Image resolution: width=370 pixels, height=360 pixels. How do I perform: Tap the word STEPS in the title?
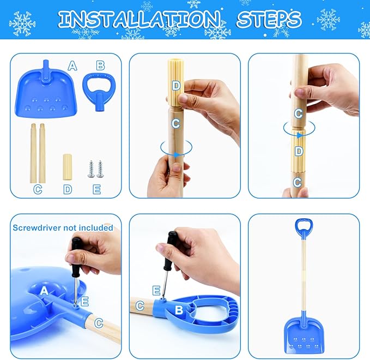pos(269,20)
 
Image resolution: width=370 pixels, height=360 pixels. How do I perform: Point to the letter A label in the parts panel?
pos(72,66)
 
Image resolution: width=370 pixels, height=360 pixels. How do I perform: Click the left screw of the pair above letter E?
pos(91,169)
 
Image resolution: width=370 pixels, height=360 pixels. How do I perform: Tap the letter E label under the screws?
pos(96,189)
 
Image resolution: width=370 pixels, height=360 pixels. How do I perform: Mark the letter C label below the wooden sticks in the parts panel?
pos(38,189)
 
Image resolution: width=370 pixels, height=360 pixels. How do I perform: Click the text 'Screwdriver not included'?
pos(63,227)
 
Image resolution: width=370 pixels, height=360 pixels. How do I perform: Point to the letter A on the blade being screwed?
pos(45,291)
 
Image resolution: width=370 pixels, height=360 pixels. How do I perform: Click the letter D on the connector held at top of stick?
pos(175,85)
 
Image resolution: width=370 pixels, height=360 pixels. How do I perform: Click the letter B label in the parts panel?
pos(100,65)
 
